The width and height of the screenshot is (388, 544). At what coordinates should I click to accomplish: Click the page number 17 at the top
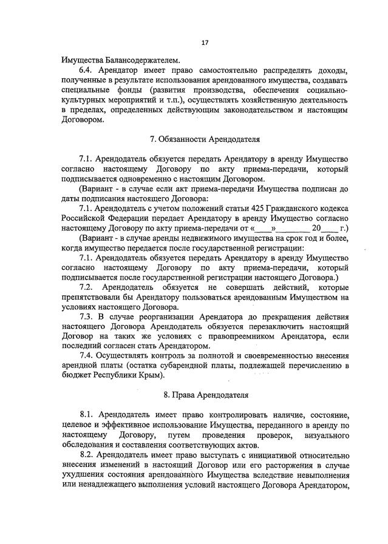click(x=205, y=42)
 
